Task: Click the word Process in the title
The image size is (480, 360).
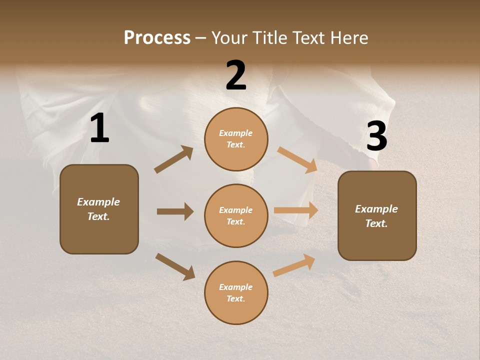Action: point(157,38)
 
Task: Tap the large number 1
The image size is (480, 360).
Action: point(99,128)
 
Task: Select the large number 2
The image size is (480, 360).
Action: point(236,75)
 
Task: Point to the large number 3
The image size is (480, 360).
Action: point(376,136)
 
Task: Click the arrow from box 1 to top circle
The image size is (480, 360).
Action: point(173,159)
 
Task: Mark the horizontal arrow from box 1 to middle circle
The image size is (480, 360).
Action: point(175,211)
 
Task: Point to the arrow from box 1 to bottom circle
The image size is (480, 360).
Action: point(175,266)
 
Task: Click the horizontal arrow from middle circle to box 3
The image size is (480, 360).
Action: point(296,210)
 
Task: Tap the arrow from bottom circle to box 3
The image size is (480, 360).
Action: point(294,265)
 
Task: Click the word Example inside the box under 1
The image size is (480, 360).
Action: point(98,202)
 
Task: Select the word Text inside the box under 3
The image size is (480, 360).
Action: point(376,223)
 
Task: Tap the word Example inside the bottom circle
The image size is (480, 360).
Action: point(236,287)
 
